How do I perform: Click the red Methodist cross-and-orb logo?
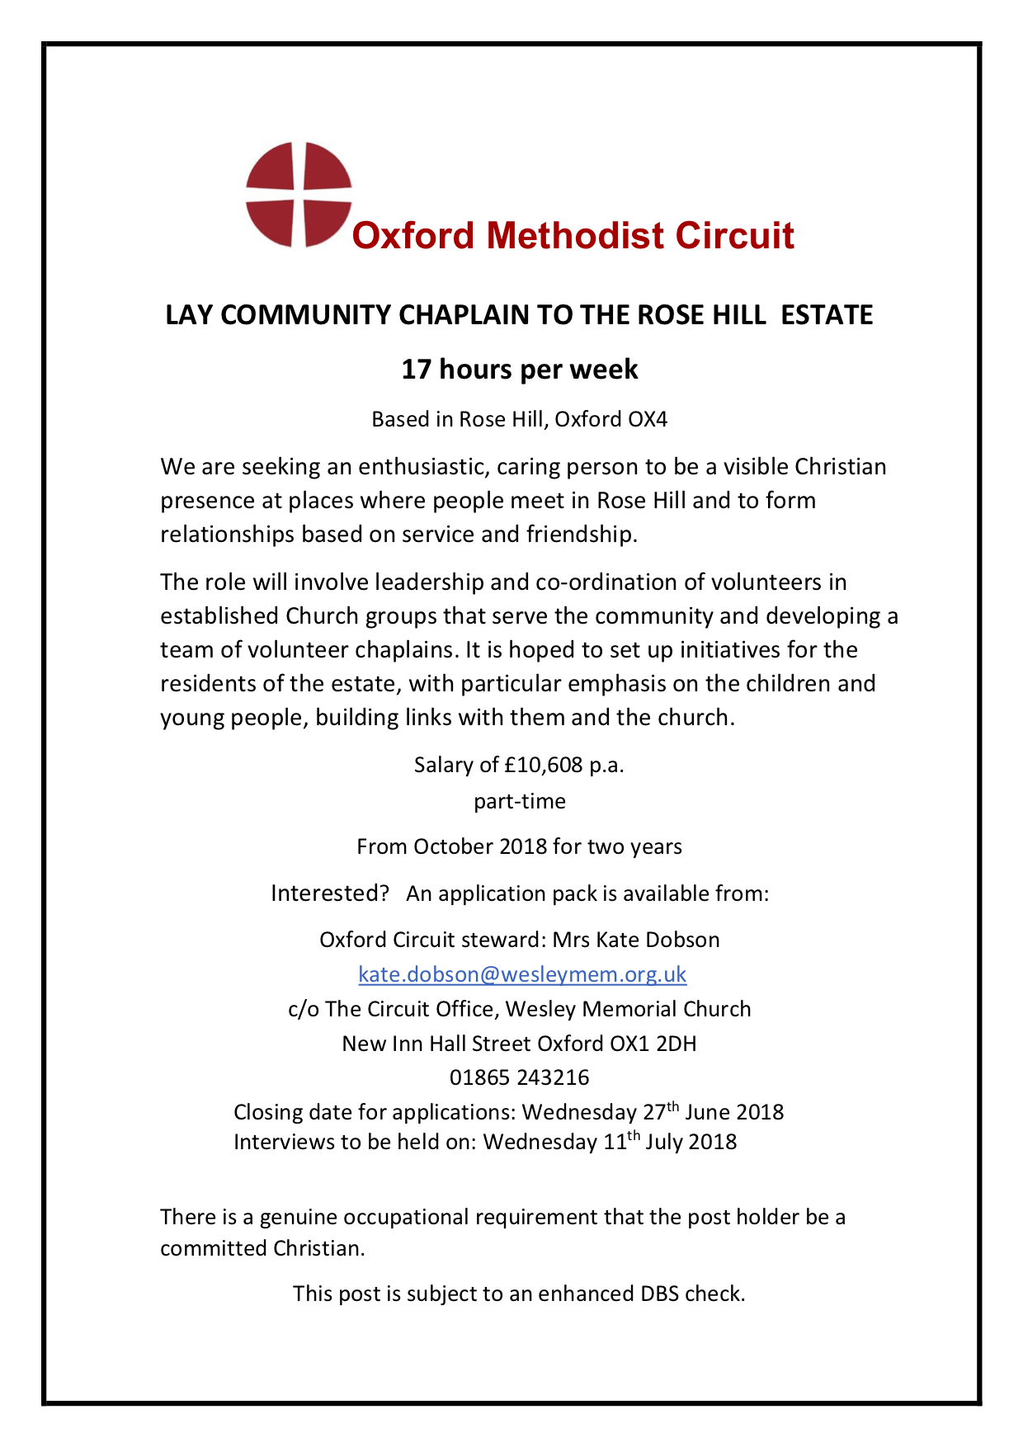click(x=299, y=195)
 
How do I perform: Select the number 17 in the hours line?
click(x=417, y=370)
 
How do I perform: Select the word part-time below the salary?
click(x=520, y=802)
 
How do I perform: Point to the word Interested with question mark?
click(x=330, y=893)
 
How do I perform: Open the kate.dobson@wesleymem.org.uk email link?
click(x=522, y=974)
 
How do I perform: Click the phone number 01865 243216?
click(x=520, y=1078)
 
